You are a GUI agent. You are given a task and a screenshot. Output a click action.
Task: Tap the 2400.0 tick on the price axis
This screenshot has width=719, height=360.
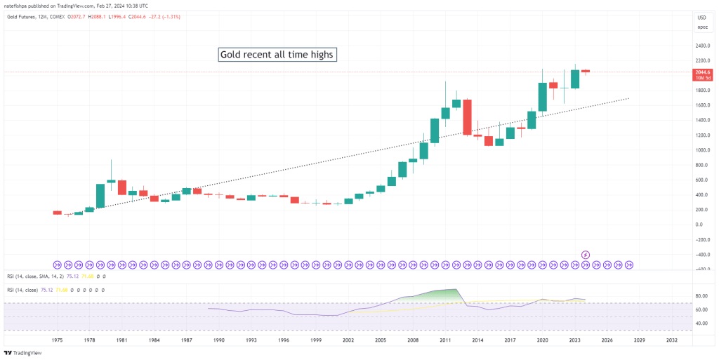click(702, 46)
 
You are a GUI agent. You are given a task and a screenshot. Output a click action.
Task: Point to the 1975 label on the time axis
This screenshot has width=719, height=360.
click(58, 339)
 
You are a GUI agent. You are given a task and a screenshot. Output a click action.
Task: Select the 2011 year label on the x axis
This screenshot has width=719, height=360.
click(445, 339)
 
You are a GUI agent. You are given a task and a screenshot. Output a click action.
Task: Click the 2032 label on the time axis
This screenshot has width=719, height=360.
click(672, 339)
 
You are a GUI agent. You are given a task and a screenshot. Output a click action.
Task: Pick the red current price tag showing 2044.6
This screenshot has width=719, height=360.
click(702, 72)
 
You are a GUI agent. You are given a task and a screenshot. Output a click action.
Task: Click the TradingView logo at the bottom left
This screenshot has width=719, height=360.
click(22, 352)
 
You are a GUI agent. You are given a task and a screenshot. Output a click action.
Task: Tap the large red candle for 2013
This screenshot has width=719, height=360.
click(467, 116)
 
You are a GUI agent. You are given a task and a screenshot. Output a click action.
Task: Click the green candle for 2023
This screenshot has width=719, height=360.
click(575, 79)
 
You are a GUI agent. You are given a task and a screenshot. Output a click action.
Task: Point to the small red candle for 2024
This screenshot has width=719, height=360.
click(586, 71)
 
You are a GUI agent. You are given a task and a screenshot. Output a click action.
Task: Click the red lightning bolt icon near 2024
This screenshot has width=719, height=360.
click(586, 254)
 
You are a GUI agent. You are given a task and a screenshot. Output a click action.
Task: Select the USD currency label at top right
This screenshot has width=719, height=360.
click(701, 18)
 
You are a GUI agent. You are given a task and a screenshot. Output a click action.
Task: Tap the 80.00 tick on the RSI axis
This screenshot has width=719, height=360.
click(702, 296)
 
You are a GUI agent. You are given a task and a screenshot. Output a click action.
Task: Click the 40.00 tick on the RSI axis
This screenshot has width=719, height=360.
click(702, 324)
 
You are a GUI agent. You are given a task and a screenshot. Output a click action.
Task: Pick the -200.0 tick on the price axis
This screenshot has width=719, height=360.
click(702, 240)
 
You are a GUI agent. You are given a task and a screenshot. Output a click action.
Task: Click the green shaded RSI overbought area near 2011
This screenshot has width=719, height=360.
click(442, 295)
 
